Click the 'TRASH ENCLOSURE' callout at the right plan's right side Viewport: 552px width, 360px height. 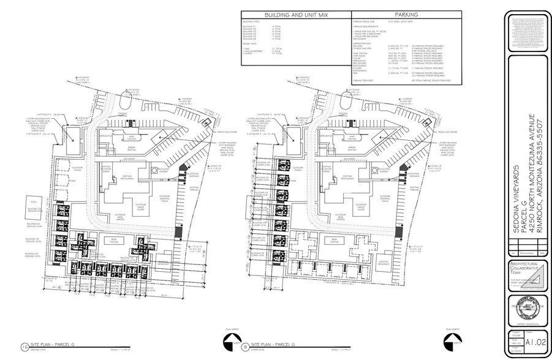[451, 131]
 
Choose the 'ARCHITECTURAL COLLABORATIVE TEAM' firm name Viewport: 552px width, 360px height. [526, 270]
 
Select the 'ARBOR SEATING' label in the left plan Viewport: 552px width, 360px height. [129, 147]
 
